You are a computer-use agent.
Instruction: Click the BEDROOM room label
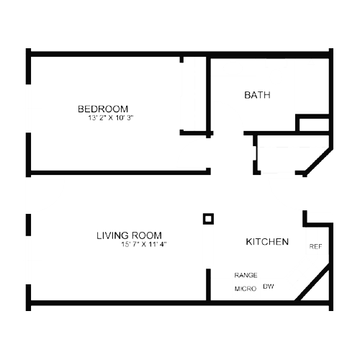coord(103,109)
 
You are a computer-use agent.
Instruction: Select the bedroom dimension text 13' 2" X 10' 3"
coord(111,118)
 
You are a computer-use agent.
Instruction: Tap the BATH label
coord(257,95)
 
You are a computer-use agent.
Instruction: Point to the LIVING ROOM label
coord(129,235)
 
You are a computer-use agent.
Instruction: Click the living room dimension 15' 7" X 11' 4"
coord(144,244)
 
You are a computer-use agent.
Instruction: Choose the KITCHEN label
coord(267,242)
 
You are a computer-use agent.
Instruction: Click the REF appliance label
coord(315,246)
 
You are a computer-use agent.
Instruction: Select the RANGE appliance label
coord(246,275)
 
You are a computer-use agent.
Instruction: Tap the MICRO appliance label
coord(246,289)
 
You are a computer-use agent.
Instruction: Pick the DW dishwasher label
coord(269,287)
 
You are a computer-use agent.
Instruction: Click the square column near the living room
coord(208,219)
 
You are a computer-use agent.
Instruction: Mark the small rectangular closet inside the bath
coord(312,123)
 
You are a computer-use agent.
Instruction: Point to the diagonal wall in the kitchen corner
coord(312,282)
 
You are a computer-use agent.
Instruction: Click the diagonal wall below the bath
coord(318,163)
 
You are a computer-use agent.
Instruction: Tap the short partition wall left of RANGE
coord(209,284)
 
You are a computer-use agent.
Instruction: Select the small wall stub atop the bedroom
coord(181,60)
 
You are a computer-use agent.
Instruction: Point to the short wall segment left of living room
coord(28,225)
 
